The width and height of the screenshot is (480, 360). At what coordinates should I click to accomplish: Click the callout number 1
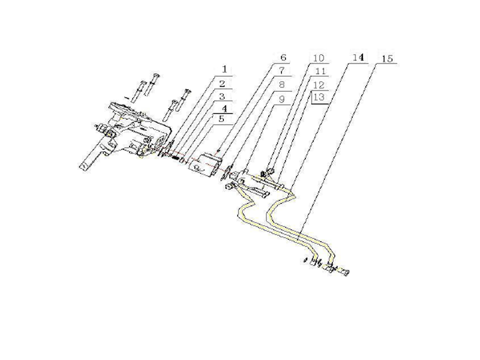[224, 69]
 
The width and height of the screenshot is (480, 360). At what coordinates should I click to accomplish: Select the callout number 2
[223, 83]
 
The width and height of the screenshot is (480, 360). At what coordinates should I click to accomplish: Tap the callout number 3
[222, 97]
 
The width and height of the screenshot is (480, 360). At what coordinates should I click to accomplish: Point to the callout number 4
[224, 109]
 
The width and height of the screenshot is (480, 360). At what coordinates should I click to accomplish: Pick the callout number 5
[222, 119]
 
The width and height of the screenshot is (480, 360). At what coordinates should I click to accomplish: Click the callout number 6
[283, 58]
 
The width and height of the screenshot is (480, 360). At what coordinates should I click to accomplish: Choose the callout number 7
[281, 71]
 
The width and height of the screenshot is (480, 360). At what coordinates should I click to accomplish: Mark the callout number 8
[282, 85]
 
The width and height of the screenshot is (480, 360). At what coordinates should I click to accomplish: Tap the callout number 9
[282, 99]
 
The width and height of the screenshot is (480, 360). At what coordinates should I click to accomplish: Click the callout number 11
[320, 71]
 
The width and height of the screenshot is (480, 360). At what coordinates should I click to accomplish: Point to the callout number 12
[319, 85]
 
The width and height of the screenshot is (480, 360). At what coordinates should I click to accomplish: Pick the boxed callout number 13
[319, 97]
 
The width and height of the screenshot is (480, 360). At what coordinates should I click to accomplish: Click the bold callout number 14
[358, 58]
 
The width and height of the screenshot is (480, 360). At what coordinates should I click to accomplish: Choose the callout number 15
[387, 58]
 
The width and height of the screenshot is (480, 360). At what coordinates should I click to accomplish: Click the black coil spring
[176, 158]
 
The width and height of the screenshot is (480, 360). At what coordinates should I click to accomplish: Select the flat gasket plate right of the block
[227, 173]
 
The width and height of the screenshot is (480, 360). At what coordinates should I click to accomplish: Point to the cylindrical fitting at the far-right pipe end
[344, 272]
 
